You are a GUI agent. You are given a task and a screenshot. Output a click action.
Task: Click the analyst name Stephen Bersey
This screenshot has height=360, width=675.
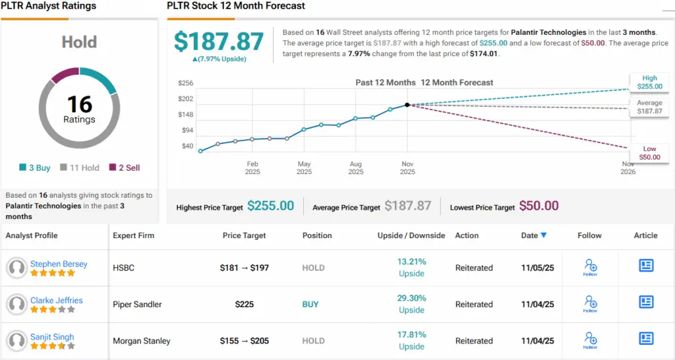tap(59, 264)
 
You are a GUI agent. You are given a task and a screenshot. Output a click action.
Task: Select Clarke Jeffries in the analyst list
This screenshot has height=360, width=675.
tap(57, 300)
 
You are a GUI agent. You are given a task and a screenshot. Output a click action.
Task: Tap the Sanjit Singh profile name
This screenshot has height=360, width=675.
tap(52, 337)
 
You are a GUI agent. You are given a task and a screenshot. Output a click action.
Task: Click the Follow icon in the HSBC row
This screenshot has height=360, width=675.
tap(590, 267)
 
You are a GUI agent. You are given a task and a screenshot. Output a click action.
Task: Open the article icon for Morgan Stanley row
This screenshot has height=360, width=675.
tap(646, 339)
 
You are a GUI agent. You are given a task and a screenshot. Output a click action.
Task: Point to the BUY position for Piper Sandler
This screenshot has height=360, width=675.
tap(310, 305)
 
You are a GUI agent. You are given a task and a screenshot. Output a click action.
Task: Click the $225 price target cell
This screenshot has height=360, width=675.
tap(245, 305)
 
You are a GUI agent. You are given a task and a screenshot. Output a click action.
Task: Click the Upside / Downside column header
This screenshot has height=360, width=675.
tap(411, 235)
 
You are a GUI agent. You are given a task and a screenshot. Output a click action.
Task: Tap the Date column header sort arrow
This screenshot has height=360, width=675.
tap(544, 235)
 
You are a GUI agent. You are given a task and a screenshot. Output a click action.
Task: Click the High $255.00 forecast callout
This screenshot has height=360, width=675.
tap(649, 82)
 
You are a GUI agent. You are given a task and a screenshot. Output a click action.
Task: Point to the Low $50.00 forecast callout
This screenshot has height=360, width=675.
tap(649, 154)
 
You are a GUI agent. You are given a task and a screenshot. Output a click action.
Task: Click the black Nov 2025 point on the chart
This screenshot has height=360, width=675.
tap(407, 105)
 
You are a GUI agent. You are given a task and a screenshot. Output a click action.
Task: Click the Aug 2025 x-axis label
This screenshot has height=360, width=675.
tap(356, 168)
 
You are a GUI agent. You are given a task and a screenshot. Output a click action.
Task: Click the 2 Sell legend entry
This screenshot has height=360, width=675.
tap(125, 167)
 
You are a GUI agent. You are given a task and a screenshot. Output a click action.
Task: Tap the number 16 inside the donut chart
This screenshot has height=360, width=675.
tap(79, 104)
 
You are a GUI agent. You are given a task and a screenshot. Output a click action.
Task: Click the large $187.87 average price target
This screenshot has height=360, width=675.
tap(219, 42)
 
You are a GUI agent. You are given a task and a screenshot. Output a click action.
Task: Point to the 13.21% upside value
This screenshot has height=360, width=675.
tap(411, 262)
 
